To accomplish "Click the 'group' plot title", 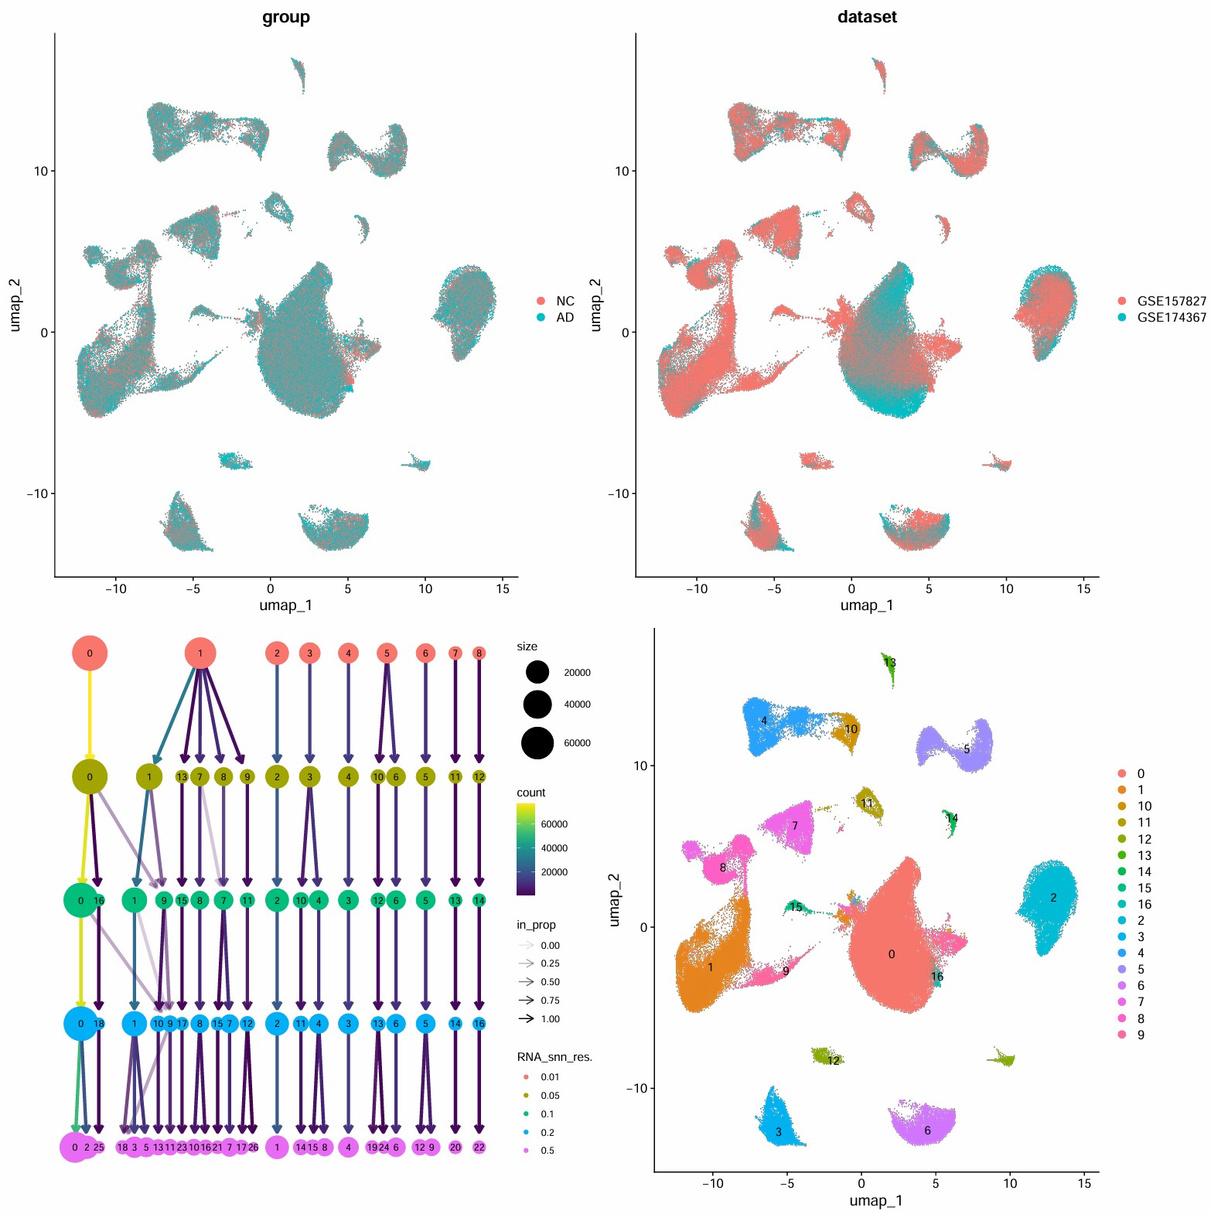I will point(286,17).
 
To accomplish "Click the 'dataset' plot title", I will point(867,17).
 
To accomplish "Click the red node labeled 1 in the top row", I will point(200,653).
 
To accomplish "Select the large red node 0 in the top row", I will point(90,653).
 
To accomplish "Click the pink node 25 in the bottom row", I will point(99,1148).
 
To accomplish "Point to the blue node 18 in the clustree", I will point(99,1024).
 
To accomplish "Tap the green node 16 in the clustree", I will point(99,901).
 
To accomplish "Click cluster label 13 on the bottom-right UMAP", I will point(890,663).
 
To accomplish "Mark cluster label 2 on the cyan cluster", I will point(1053,898).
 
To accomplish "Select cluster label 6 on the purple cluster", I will point(927,1130).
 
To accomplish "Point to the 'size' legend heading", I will point(527,646).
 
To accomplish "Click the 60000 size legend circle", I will point(537,743).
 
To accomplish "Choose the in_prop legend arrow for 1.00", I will point(527,1018).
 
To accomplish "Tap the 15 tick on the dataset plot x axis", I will point(1083,588).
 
